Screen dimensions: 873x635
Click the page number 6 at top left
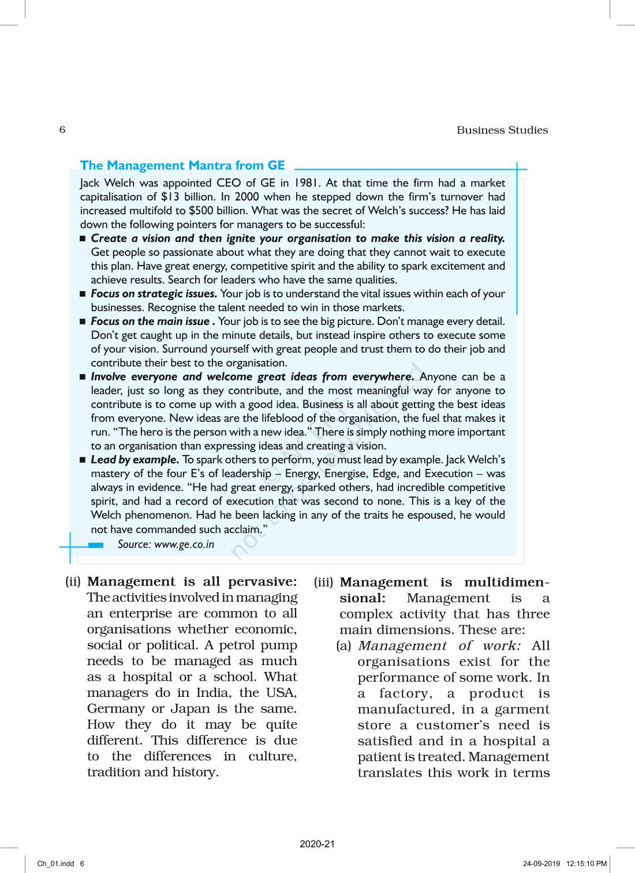coord(62,129)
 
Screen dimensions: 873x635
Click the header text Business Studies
coord(502,130)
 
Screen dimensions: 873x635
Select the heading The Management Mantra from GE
coord(182,166)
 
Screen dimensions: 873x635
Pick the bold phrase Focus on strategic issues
coord(154,294)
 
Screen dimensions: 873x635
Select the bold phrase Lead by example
coord(135,460)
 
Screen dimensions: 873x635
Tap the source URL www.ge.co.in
coord(184,544)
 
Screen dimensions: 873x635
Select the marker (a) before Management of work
coord(344,646)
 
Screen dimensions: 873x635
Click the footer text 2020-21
coord(317,844)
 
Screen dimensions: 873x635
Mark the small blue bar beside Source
coord(96,545)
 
